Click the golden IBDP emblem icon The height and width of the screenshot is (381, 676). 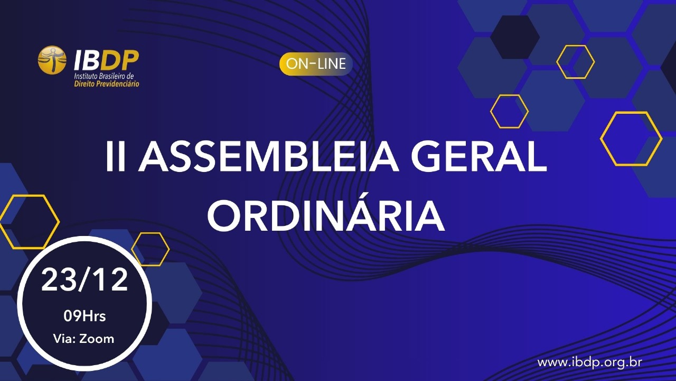[52, 60]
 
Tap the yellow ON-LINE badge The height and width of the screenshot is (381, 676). [316, 64]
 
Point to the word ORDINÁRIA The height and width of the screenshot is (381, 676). [325, 216]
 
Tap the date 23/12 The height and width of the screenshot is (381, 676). [84, 280]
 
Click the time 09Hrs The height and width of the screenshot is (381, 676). [84, 316]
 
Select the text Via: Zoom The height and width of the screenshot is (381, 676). [84, 339]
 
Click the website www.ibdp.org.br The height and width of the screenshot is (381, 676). [589, 362]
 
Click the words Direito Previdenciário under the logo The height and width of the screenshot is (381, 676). [107, 84]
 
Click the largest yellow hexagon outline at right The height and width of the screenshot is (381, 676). [631, 139]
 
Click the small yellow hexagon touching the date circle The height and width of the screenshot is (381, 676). [150, 249]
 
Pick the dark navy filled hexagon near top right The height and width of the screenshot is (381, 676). [514, 37]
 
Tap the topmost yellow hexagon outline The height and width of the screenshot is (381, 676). [575, 62]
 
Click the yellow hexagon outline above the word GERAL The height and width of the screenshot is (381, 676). [509, 111]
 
